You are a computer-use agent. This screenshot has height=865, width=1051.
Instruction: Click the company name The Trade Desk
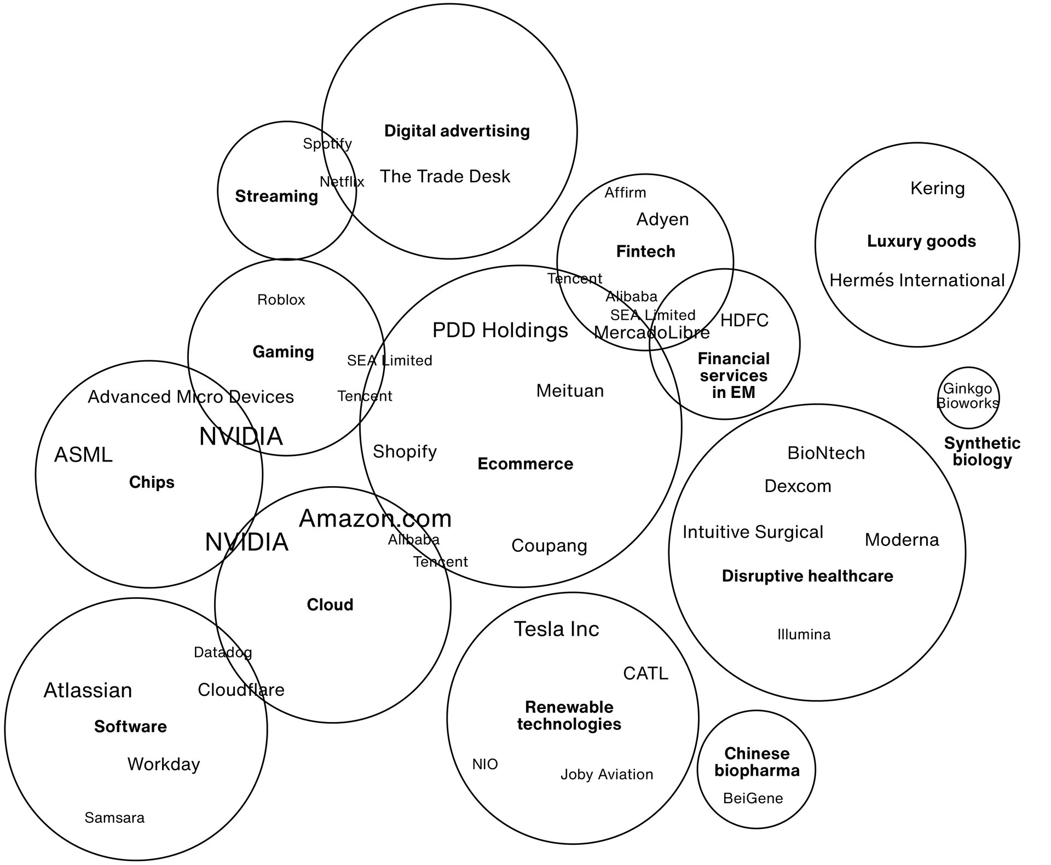coord(444,176)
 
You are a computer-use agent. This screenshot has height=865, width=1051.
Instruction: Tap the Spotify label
coord(327,143)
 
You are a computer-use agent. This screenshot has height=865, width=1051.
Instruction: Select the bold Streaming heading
coord(276,196)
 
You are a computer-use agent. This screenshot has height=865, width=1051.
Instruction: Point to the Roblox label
coord(281,299)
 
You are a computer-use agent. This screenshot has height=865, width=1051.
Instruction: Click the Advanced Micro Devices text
coord(190,396)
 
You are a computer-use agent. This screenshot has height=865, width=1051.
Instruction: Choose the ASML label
coord(83,454)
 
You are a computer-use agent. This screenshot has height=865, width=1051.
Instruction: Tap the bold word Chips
coord(152,482)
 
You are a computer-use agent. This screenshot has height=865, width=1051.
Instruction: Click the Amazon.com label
coord(375,518)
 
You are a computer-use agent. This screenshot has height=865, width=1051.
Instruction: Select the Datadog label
coord(223,652)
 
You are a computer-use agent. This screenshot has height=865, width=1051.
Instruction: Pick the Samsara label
coord(114,817)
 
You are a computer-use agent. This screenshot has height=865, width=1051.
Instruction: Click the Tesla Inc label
coord(556,629)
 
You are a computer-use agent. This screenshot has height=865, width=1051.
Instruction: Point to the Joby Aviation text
coord(607,774)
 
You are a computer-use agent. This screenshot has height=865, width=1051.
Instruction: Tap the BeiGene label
coord(753,798)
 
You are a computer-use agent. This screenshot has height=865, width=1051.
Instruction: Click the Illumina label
coord(804,635)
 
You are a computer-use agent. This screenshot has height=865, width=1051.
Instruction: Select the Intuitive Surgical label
coord(753,532)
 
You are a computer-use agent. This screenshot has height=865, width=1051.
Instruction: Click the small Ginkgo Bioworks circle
coord(968,397)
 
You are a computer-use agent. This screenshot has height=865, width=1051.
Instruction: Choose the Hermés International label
coord(917,280)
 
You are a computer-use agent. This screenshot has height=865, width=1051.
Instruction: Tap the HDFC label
coord(744,320)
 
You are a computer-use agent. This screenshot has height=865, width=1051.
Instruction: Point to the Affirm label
coord(625,193)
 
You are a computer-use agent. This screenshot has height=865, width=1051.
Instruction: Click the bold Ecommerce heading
coord(525,464)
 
